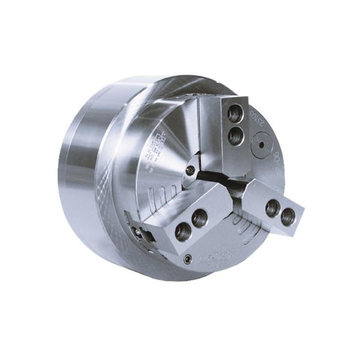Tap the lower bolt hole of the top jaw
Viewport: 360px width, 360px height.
point(235,136)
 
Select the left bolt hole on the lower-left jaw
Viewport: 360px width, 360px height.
point(181,230)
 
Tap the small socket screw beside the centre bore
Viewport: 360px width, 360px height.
point(190,170)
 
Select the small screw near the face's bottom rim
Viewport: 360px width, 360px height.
point(188,259)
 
